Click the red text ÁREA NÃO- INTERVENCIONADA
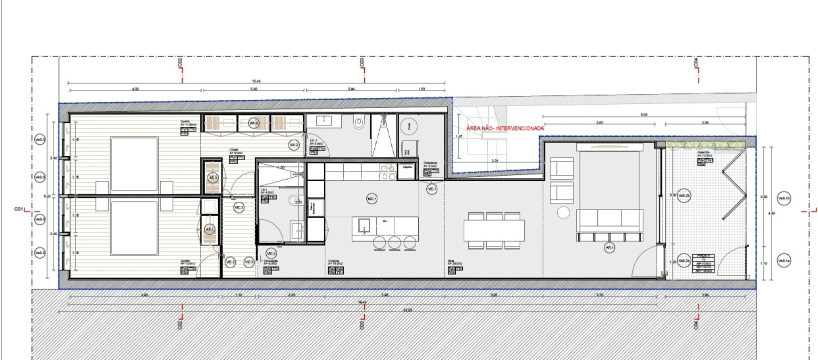coord(505,128)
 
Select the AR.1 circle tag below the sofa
coord(609,247)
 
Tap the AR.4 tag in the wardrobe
coord(254,122)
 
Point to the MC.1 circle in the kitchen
coord(372,199)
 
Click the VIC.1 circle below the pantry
coord(432,189)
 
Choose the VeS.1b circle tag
coord(784,198)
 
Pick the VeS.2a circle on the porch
coord(684,260)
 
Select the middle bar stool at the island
coord(395,242)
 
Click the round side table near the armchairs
coord(563,212)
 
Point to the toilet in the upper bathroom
coord(358,122)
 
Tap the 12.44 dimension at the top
coord(257,81)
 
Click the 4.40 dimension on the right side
coord(771,213)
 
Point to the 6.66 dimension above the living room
coord(644,115)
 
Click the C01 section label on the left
coord(19,209)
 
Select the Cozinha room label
coord(334,261)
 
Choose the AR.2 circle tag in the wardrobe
coord(210,229)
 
